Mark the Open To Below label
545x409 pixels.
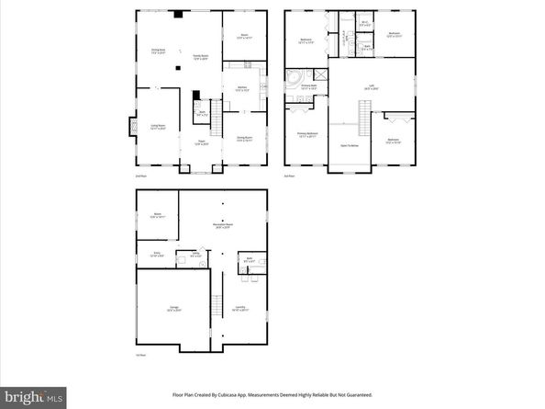pyautogui.click(x=350, y=144)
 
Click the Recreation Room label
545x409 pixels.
pyautogui.click(x=221, y=226)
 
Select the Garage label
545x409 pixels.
pyautogui.click(x=173, y=309)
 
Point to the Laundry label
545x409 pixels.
pyautogui.click(x=239, y=309)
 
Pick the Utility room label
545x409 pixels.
pyautogui.click(x=195, y=255)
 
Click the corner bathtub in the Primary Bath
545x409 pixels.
pyautogui.click(x=296, y=77)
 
